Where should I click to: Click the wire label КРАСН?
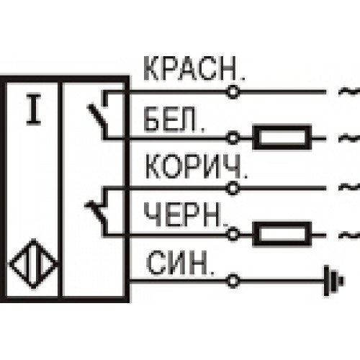pos(194,68)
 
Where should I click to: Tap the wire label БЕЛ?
pos(174,120)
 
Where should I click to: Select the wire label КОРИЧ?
pos(196,166)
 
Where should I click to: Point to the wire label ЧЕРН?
pos(186,215)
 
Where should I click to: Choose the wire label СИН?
pos(180,262)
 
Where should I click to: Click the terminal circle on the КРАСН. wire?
pos(233,91)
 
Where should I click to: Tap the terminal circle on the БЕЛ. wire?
pos(233,138)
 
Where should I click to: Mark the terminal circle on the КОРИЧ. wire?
pos(233,188)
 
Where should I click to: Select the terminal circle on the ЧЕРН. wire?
pos(233,234)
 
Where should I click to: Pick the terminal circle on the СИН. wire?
pos(233,280)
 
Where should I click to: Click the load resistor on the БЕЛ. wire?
pos(282,138)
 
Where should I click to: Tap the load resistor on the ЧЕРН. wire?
pos(282,234)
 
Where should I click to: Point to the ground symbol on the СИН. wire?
pos(334,281)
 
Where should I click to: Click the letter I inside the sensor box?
pos(34,109)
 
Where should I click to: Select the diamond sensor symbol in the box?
pos(34,264)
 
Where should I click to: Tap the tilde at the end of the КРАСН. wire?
pos(349,91)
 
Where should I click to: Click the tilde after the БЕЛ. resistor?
pos(349,138)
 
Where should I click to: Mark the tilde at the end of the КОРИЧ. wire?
pos(350,186)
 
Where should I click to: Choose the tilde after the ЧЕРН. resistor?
pos(350,235)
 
